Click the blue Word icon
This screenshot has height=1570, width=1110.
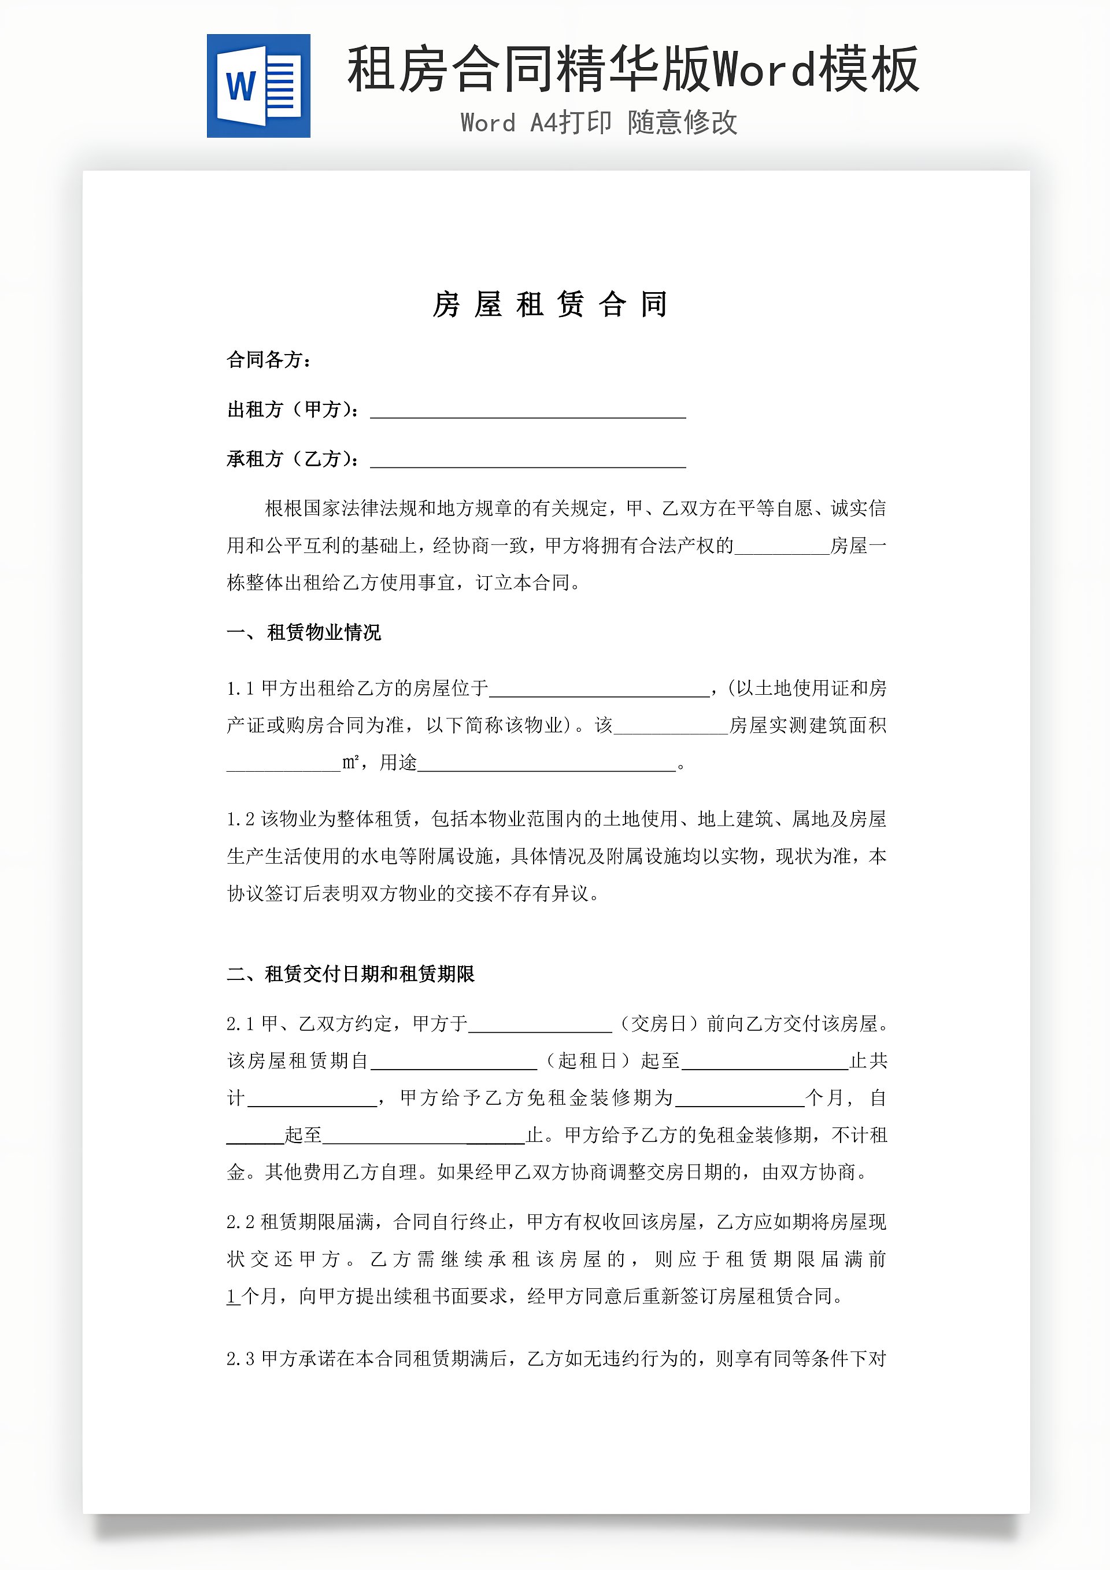click(258, 86)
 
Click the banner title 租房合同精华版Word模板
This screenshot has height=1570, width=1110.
click(632, 70)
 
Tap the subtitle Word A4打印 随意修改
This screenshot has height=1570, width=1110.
click(599, 123)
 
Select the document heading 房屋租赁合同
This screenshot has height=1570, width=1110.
click(550, 304)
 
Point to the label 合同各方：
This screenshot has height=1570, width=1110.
click(269, 360)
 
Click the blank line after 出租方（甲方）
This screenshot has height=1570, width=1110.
click(528, 411)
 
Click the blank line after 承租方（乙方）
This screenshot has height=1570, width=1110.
click(528, 461)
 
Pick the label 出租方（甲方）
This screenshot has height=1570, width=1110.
click(293, 410)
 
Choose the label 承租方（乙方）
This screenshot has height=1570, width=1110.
click(293, 459)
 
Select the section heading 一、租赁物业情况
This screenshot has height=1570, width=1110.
click(304, 632)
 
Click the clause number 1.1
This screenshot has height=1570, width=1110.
click(240, 688)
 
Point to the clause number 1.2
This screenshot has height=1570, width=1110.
click(240, 819)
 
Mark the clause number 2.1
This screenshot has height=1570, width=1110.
click(240, 1024)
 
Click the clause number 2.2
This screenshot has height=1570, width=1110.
click(240, 1222)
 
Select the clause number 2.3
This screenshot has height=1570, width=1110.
click(240, 1359)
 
